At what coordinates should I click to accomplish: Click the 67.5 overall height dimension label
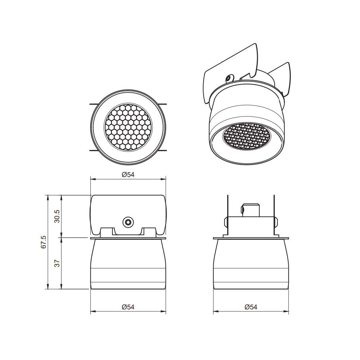[x=43, y=242]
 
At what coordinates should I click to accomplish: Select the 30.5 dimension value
[x=57, y=216]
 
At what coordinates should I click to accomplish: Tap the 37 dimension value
[x=57, y=263]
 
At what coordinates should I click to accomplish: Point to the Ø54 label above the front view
[x=128, y=175]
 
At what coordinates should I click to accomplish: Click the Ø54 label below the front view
[x=128, y=307]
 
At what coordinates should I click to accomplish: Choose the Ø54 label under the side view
[x=251, y=307]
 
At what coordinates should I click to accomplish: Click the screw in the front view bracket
[x=128, y=222]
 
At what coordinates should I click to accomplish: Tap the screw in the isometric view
[x=229, y=78]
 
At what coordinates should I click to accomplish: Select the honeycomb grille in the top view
[x=128, y=127]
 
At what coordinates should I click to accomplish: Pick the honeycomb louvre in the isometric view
[x=247, y=137]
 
